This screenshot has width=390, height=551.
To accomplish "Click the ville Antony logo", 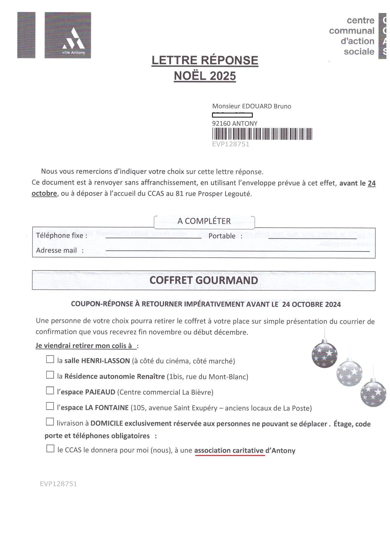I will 68,35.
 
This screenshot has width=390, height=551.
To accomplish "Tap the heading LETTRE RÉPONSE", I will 205,61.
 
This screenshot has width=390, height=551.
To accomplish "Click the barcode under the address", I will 262,134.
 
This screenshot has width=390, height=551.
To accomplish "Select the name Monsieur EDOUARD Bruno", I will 252,106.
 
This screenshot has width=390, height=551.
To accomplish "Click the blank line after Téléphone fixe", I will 153,237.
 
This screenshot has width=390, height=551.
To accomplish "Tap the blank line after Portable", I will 312,238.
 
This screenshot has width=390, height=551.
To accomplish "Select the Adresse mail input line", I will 238,251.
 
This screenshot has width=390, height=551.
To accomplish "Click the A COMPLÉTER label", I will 204,221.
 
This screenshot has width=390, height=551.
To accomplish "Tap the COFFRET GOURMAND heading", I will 204,280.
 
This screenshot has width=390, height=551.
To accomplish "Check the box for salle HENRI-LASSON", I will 50,359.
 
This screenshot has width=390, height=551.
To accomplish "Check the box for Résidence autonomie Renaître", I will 50,375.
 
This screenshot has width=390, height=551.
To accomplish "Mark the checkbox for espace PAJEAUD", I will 50,391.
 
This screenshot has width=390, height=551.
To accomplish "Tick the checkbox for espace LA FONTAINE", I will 50,406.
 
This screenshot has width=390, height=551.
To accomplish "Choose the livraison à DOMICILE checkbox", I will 50,422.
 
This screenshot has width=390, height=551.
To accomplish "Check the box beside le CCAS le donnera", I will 50,449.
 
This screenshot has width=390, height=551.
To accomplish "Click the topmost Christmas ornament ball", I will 324,353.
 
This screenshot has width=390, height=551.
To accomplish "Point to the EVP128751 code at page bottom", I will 58,484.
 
